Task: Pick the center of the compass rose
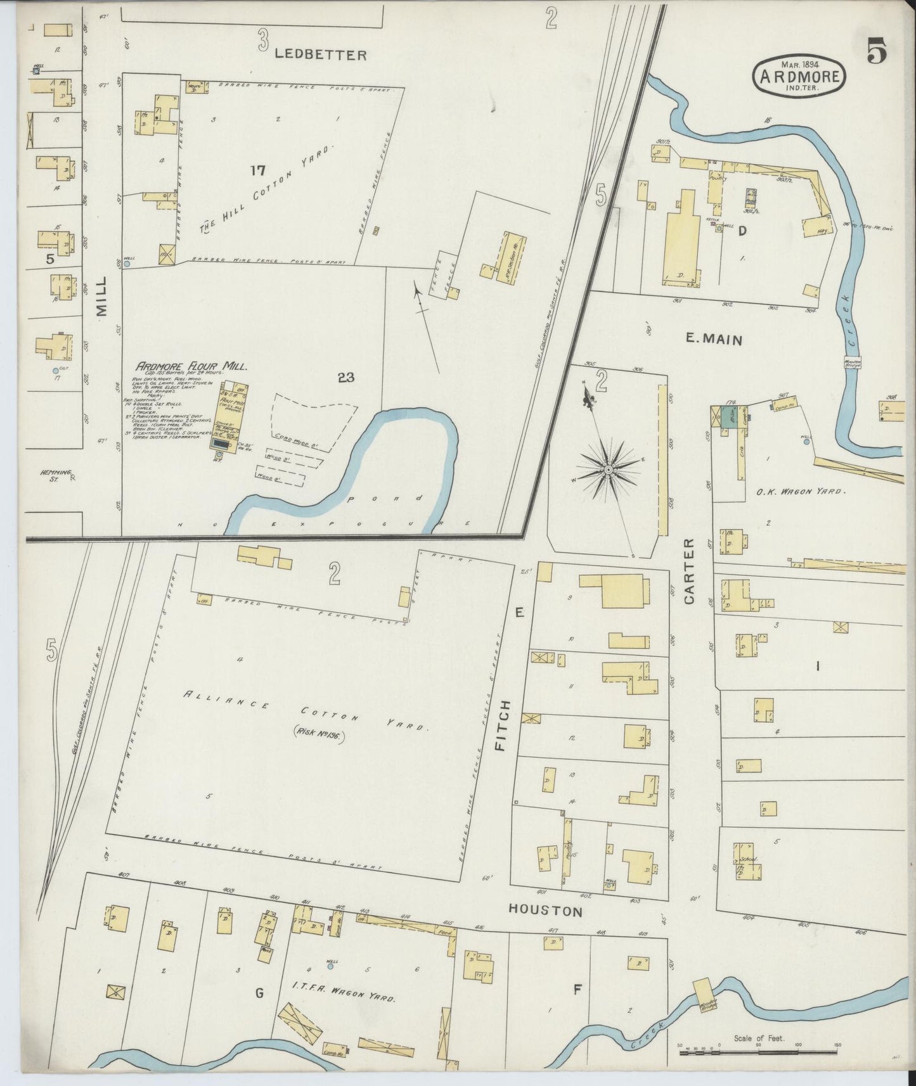(x=607, y=470)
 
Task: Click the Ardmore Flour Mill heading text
(x=190, y=366)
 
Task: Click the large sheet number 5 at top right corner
(x=877, y=51)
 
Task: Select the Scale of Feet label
(x=759, y=1038)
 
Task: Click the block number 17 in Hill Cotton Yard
(x=257, y=170)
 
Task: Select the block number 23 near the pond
(x=345, y=378)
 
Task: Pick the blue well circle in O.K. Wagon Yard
(x=806, y=442)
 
